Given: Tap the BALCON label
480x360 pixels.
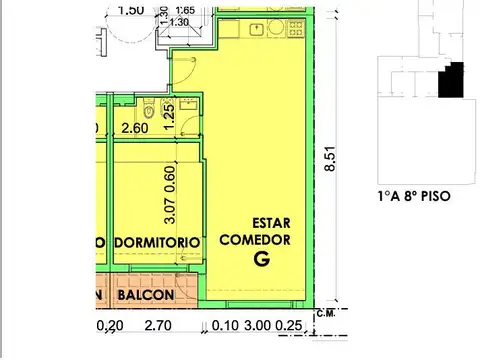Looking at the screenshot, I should (147, 297).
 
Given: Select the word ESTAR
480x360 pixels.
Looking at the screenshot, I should (272, 223).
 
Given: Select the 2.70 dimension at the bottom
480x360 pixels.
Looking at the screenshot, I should (159, 325).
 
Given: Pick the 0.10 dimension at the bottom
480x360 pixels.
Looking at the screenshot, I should (226, 325).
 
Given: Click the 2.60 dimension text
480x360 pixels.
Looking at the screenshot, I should (136, 127).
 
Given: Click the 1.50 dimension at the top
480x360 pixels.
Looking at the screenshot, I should (130, 10).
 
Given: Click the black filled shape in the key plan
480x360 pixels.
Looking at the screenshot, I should (455, 79).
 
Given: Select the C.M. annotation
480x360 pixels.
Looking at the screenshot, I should (324, 315).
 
